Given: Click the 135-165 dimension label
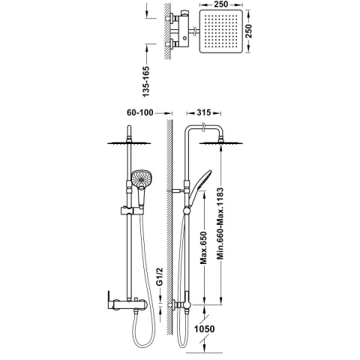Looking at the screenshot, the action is [146, 81].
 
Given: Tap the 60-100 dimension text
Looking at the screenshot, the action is [140, 112].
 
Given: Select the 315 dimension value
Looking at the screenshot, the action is [204, 112].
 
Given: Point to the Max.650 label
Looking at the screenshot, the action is [204, 248].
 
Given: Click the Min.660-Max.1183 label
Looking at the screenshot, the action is [220, 223].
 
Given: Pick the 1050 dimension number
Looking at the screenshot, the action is [205, 328].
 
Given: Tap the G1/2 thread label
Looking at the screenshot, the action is [160, 277].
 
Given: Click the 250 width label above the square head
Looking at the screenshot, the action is [221, 4].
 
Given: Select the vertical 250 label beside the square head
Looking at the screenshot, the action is [249, 31].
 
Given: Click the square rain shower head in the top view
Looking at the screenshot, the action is [221, 31].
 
